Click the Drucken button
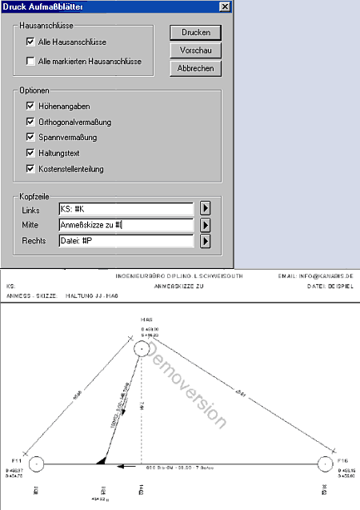(x=195, y=33)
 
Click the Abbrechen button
(x=195, y=69)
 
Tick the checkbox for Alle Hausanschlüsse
(x=30, y=41)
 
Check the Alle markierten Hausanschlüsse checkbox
(x=30, y=60)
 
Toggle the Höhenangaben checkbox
(x=30, y=105)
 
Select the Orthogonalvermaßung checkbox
(x=30, y=121)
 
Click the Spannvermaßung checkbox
(x=30, y=137)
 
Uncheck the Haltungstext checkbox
(x=30, y=153)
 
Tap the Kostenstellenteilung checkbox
(x=30, y=169)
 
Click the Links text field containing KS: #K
(x=126, y=209)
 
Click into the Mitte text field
(x=126, y=225)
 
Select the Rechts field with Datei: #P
(x=126, y=240)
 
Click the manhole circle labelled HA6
(x=142, y=348)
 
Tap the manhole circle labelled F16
(x=325, y=464)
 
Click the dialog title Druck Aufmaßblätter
(x=40, y=6)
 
